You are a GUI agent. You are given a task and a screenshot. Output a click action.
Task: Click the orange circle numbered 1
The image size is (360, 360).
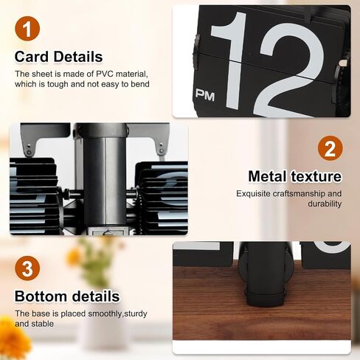(x=27, y=29)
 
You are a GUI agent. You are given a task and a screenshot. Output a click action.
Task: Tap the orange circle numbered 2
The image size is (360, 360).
(x=330, y=148)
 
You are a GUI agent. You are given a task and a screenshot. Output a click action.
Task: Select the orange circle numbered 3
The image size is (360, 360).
(x=27, y=268)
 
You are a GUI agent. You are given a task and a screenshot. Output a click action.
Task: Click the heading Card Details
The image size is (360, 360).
(x=58, y=57)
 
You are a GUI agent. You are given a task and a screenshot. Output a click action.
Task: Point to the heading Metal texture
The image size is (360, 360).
(x=295, y=176)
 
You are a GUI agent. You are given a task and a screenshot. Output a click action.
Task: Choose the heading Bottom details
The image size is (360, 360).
(x=67, y=296)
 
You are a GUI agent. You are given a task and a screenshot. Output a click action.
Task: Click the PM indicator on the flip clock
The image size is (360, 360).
(x=205, y=95)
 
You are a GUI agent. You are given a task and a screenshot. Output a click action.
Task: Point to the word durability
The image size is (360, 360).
(x=325, y=204)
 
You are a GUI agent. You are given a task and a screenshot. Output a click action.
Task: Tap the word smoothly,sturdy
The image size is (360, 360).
(x=117, y=314)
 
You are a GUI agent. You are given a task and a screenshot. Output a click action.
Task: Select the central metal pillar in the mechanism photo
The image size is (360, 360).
(x=104, y=179)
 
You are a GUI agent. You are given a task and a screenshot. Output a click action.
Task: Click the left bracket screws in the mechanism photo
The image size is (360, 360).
(x=29, y=149)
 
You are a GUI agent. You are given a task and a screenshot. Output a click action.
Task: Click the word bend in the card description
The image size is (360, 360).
(x=140, y=84)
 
